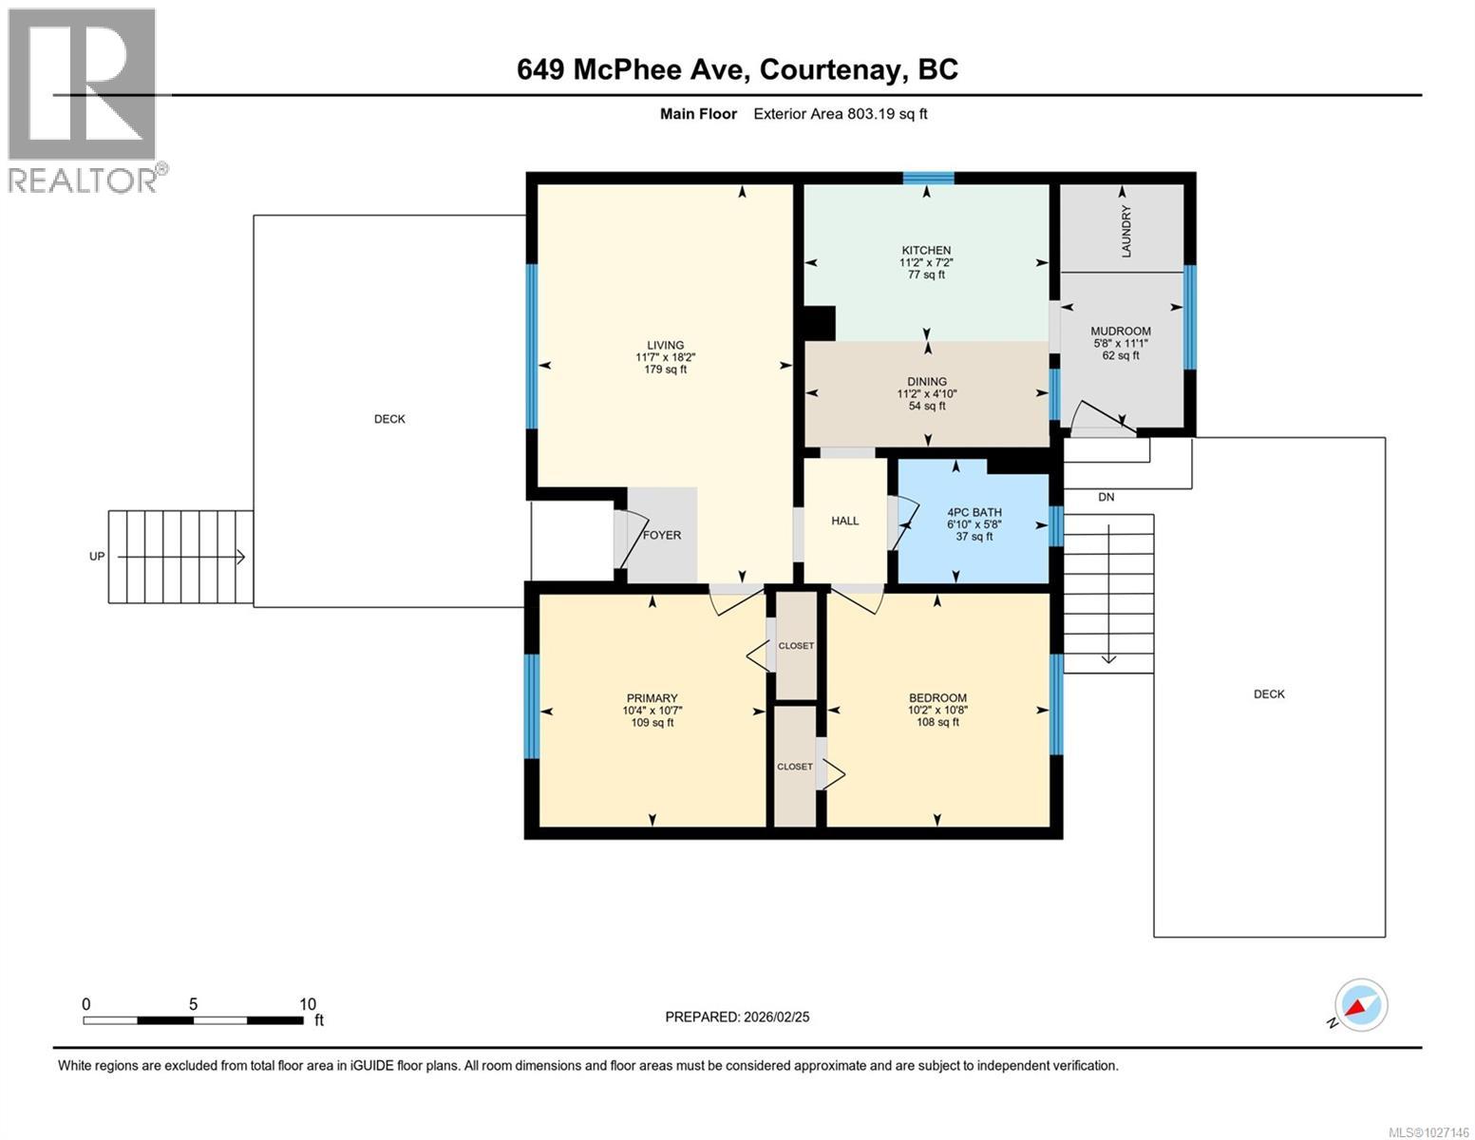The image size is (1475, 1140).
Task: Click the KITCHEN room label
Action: [926, 251]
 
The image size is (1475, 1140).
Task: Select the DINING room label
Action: [927, 382]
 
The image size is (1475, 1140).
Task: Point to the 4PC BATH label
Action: [974, 512]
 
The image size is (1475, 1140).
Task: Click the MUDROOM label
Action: [1121, 332]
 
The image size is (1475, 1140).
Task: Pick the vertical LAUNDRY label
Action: [1126, 231]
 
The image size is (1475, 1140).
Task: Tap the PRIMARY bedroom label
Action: [652, 698]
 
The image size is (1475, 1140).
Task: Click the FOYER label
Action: [662, 535]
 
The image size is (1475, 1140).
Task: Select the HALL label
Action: [844, 521]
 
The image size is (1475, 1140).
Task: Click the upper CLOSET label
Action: [796, 646]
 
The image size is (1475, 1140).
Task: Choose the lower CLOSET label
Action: [795, 767]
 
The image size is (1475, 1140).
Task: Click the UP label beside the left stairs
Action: [97, 557]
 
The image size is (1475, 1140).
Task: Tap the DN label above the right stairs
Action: [1106, 497]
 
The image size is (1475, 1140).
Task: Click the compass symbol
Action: [1360, 1005]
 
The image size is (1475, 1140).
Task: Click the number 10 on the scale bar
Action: [307, 1004]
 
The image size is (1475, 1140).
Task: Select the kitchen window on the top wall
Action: [928, 178]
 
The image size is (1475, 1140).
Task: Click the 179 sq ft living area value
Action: [665, 370]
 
